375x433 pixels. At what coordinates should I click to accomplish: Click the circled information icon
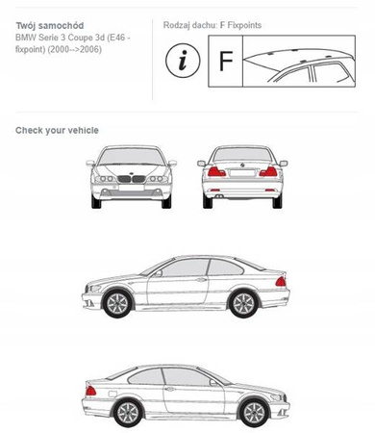point(183,61)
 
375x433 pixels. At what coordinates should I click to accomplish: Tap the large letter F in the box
point(226,61)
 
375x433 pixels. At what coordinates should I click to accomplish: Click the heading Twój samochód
point(50,26)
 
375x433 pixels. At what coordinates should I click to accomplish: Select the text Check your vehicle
point(57,130)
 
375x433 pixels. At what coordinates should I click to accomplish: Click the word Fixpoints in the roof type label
point(244,25)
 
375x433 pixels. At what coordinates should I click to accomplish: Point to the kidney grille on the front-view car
point(132,179)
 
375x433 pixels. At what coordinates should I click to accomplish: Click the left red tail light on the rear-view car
point(216,172)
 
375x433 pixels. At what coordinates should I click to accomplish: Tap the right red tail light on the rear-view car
point(268,172)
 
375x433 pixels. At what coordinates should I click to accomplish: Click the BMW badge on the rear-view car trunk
point(242,165)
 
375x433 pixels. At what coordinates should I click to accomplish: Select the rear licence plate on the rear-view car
point(242,173)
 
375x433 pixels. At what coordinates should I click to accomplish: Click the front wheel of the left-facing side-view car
point(117,303)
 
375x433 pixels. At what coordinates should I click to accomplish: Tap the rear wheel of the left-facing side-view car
point(243,303)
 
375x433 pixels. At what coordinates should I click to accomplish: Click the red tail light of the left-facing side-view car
point(281,282)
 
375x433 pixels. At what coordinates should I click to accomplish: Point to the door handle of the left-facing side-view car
point(201,280)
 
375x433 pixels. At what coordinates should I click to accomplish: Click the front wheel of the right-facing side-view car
point(254,413)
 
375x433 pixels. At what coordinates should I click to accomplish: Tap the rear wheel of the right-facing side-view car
point(128,413)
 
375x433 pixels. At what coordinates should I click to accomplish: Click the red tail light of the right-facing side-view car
point(90,391)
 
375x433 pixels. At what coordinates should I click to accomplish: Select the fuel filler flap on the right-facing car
point(112,394)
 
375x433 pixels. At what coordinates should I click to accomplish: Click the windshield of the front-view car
point(131,156)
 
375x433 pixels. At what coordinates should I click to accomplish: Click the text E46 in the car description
point(117,38)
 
